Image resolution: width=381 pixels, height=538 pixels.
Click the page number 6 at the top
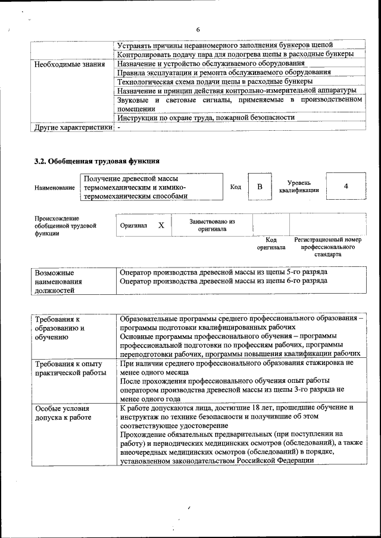198,30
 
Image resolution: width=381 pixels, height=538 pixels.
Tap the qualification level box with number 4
346,186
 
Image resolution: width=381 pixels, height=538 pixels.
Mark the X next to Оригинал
161,226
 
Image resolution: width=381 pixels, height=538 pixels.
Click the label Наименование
55,187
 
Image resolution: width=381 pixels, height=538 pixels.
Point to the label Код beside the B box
236,187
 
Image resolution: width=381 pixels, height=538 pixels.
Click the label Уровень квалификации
298,186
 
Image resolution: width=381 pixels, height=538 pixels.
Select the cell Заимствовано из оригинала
212,225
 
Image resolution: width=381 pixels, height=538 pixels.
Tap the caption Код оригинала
271,243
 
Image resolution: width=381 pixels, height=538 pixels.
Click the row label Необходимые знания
70,64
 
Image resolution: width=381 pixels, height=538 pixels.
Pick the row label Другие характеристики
73,127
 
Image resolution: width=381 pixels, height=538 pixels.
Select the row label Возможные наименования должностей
58,281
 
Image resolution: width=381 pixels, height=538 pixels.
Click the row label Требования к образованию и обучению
60,328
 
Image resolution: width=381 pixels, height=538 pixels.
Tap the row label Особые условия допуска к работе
63,413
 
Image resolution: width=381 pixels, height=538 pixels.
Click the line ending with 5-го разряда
223,272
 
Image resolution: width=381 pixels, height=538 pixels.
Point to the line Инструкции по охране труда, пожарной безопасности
206,117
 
